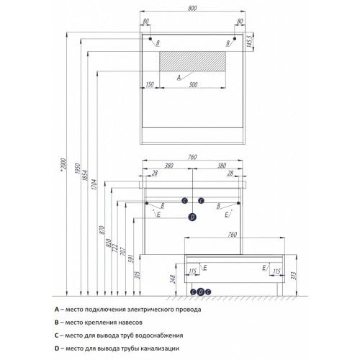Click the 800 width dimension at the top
coord(192,8)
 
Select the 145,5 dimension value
coord(249,42)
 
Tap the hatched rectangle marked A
coord(192,61)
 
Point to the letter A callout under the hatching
coord(179,78)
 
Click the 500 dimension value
coord(193,85)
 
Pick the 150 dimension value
coord(150,85)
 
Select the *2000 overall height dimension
coord(63,164)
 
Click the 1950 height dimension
coord(77,168)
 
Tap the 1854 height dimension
coord(85,175)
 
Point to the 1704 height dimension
coord(94,184)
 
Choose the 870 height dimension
coord(102,230)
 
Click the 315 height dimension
coord(138,275)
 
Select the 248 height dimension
coord(173,279)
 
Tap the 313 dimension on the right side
coord(294,276)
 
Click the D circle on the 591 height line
coord(192,217)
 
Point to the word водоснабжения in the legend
coord(159,336)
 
